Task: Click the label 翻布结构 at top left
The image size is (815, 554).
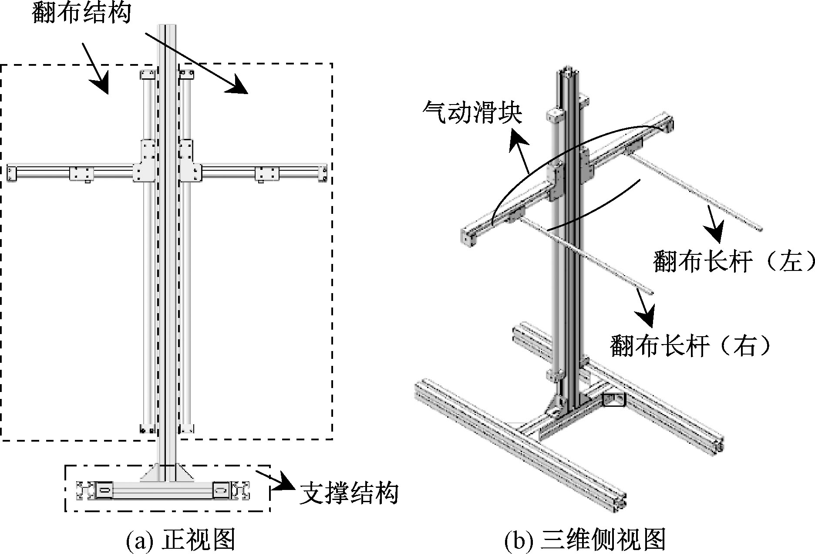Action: tap(81, 13)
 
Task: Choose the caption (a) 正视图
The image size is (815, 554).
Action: tap(180, 540)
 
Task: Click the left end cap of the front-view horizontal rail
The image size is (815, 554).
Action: tap(11, 173)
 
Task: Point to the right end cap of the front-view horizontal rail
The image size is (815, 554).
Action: tap(323, 173)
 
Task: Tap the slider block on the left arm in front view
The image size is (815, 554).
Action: tap(82, 173)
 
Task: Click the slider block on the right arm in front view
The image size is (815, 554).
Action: tap(266, 173)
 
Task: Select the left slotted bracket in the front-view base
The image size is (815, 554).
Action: tap(105, 490)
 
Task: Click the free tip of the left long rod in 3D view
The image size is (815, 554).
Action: tap(760, 229)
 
